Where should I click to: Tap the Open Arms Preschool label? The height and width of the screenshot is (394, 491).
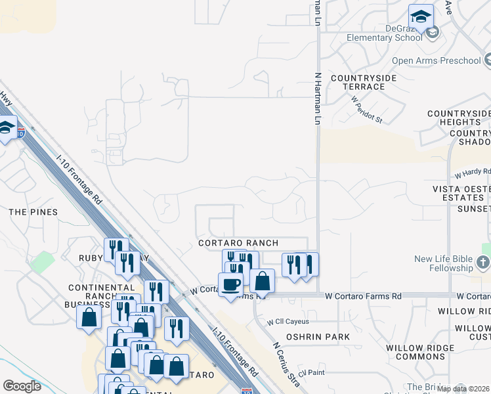point(436,61)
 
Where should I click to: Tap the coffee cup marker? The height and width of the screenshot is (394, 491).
point(230,284)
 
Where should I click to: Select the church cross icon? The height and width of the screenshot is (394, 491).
point(483,263)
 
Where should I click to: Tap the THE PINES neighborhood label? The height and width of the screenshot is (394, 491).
point(33,212)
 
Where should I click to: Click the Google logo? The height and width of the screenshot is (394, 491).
point(22,386)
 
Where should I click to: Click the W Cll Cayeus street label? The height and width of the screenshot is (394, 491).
point(288,322)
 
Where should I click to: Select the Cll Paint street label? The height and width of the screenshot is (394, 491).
point(311,373)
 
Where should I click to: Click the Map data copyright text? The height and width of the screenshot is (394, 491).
point(463,389)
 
